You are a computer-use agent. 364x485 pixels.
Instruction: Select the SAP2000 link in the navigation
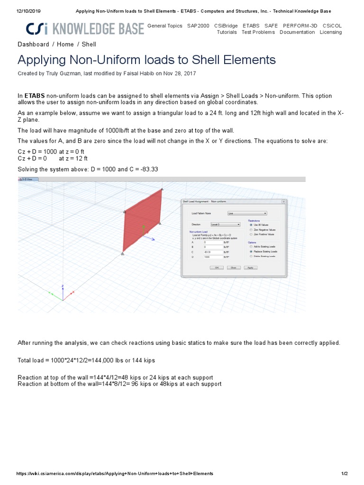click(198, 26)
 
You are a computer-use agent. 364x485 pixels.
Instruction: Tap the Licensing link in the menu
click(330, 32)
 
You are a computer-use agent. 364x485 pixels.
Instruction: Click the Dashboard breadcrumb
click(33, 45)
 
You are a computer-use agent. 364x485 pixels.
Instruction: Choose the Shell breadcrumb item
click(89, 45)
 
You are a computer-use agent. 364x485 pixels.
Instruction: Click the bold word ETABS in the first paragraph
click(35, 96)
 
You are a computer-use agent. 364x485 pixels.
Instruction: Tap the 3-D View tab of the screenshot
click(28, 180)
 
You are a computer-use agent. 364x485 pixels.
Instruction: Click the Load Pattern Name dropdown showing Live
click(247, 214)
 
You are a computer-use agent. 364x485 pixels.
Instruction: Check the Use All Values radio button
click(251, 225)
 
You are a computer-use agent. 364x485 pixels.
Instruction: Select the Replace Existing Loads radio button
click(251, 251)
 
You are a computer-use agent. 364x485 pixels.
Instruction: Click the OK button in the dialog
click(217, 268)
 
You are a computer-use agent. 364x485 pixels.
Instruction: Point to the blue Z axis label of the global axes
click(63, 286)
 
